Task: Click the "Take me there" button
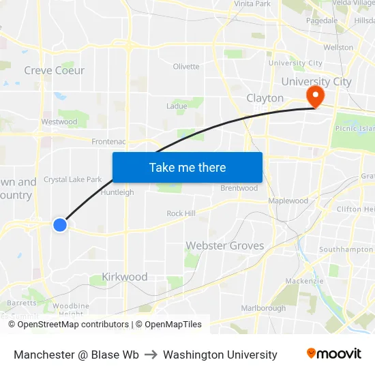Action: (187, 167)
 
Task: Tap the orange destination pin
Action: (316, 95)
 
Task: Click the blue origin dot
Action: (60, 224)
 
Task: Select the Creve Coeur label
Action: (55, 70)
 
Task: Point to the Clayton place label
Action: (265, 98)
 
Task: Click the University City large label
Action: (316, 82)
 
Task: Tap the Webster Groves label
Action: (225, 245)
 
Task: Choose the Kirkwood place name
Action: (124, 277)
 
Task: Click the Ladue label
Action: (177, 106)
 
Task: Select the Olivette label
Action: (186, 67)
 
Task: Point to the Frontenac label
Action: (108, 142)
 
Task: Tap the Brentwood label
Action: (239, 188)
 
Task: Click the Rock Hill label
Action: (181, 213)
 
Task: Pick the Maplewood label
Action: (288, 201)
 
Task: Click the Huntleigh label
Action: (117, 192)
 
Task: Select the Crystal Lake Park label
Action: (72, 180)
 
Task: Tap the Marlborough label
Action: (263, 308)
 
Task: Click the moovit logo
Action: (334, 354)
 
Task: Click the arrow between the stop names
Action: (151, 355)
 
